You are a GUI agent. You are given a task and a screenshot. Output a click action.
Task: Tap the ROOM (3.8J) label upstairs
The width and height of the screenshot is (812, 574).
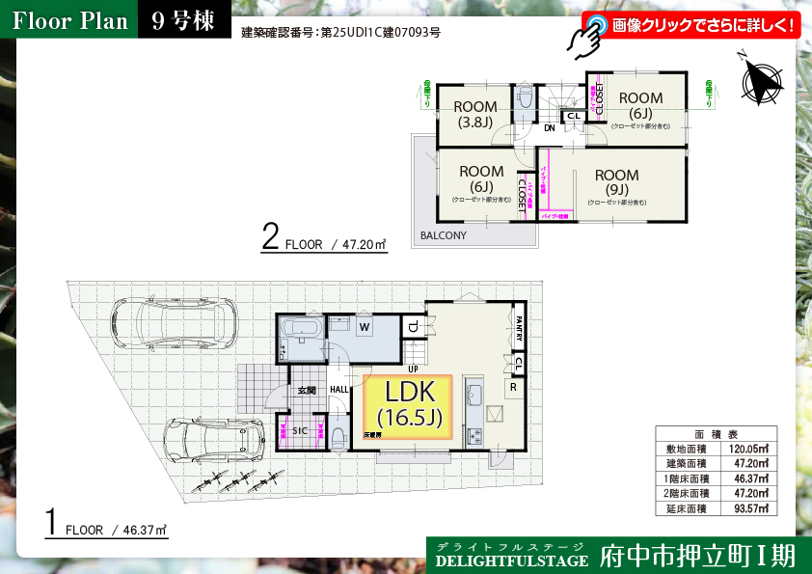[474, 114]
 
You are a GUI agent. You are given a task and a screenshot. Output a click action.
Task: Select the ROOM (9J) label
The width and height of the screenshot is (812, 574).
[616, 182]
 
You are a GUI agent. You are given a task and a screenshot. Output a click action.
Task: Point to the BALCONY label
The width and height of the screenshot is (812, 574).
[443, 235]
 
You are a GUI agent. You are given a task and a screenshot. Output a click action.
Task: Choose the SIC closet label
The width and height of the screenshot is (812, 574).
[300, 431]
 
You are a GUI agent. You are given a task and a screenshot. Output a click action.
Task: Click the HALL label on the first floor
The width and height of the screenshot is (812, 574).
[340, 390]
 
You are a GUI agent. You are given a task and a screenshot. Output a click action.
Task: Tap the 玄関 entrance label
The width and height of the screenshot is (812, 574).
[307, 390]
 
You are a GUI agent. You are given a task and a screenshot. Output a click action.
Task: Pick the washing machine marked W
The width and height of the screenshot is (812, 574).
[365, 327]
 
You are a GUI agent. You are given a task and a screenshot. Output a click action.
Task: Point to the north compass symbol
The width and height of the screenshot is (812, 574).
[762, 80]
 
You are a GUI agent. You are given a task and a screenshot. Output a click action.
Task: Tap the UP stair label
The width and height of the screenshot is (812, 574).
[413, 369]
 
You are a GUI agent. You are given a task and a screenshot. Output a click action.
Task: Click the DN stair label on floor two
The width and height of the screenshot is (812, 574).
[549, 127]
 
